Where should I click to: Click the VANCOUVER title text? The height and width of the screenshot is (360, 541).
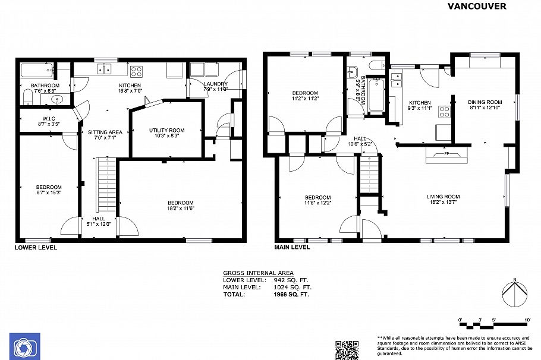[x=476, y=6]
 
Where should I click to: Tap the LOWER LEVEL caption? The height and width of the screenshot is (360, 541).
[x=36, y=247]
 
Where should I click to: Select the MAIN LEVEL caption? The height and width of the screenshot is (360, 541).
[x=291, y=247]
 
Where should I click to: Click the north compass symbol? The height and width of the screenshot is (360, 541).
[x=515, y=292]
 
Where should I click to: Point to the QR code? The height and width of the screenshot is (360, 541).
[x=347, y=350]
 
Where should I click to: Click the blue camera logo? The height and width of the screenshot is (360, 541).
[x=24, y=346]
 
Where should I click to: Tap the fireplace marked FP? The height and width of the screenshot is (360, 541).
[x=446, y=154]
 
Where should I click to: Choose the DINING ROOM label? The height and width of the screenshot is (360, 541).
[x=485, y=102]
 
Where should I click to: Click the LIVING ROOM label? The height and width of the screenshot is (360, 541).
[x=443, y=197]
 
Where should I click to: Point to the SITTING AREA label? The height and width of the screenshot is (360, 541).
[x=105, y=132]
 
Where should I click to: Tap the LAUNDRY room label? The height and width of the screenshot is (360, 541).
[x=215, y=84]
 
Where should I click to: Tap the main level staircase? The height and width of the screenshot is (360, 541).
[x=369, y=175]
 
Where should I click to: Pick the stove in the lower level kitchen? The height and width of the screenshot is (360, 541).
[x=137, y=71]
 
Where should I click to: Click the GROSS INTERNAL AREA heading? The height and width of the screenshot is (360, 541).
[x=258, y=273]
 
